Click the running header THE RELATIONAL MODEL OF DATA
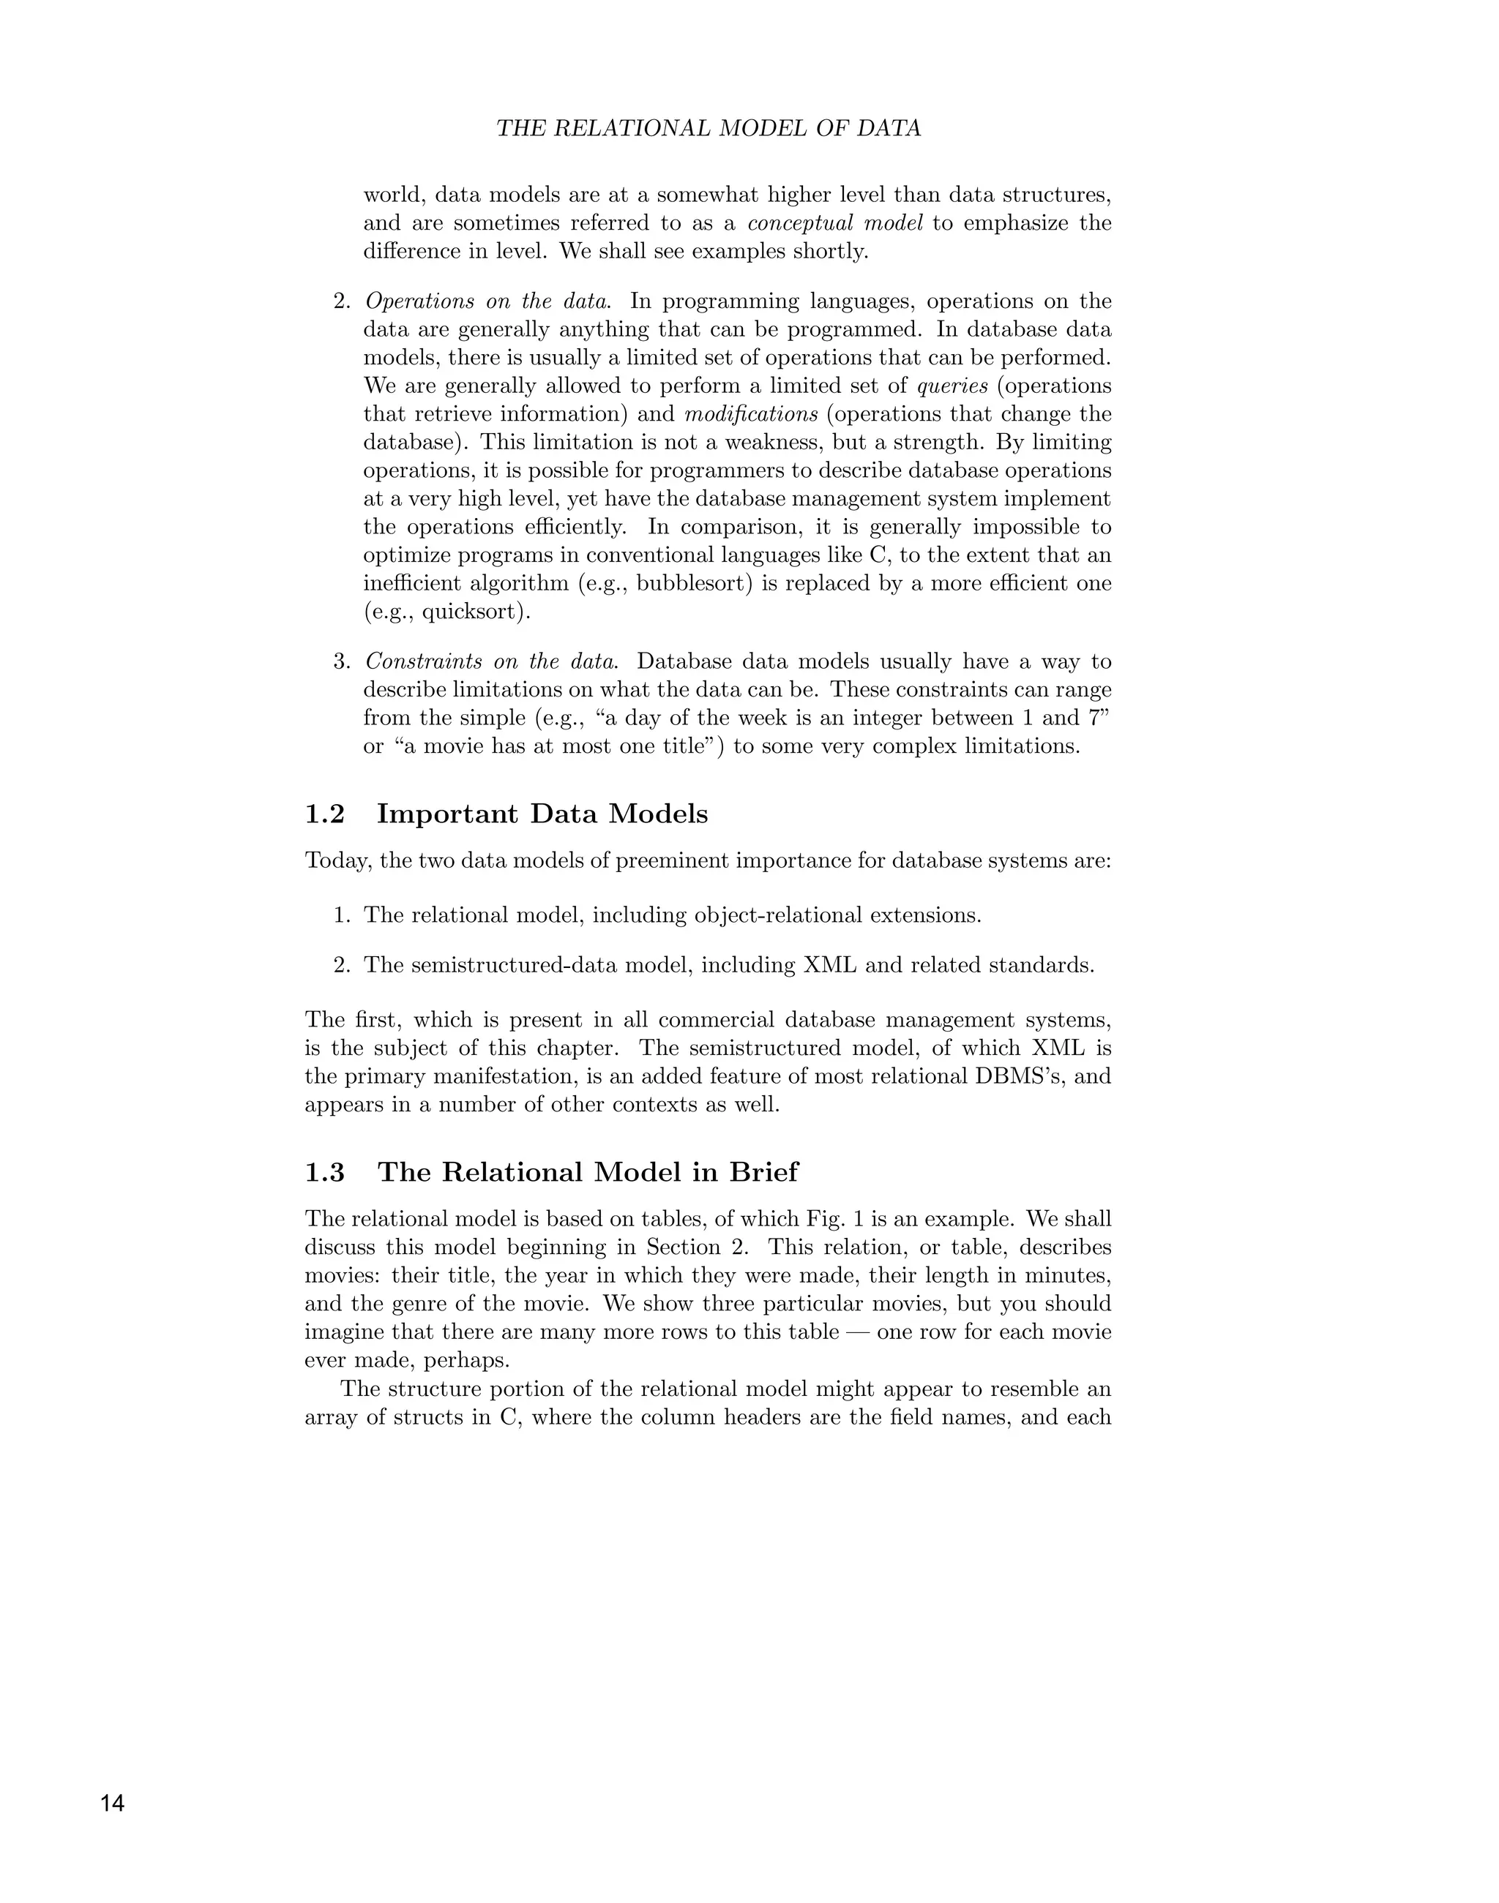click(709, 128)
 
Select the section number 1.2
click(325, 814)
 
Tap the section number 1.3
click(325, 1172)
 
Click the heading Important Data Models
click(542, 814)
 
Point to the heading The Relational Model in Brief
click(588, 1172)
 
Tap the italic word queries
click(952, 386)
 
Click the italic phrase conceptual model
click(834, 223)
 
